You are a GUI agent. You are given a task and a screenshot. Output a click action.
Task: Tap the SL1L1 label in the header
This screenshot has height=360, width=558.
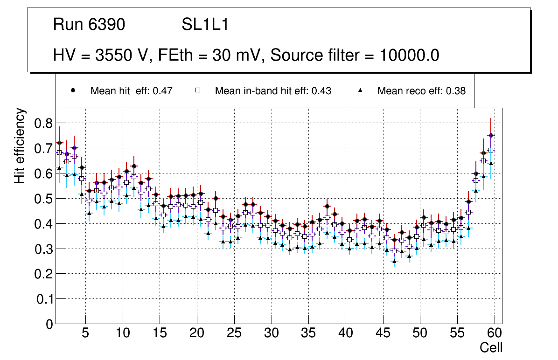(x=205, y=25)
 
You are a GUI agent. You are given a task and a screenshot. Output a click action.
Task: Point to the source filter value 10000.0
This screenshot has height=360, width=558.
(x=408, y=55)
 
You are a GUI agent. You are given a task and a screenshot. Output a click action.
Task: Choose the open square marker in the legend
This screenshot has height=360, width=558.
(x=197, y=91)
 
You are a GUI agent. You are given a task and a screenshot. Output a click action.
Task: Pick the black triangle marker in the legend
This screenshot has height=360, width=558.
(x=360, y=91)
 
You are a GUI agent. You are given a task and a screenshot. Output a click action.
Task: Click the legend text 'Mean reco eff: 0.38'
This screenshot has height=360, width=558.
(x=421, y=91)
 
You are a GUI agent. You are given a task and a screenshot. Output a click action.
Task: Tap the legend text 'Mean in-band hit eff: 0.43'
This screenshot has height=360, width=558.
(x=273, y=91)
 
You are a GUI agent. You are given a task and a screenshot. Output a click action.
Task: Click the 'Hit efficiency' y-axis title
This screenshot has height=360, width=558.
(x=20, y=146)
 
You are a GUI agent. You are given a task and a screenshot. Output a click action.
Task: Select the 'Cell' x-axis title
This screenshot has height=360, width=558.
(x=491, y=347)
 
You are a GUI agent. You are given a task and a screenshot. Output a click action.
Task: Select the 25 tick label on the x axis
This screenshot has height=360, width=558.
(x=234, y=333)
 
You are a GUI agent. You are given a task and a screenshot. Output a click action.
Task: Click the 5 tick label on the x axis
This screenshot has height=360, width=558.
(x=85, y=333)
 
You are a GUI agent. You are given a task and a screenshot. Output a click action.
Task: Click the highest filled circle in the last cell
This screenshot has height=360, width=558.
(x=491, y=135)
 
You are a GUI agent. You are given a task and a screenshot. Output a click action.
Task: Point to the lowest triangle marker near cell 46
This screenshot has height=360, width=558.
(x=394, y=261)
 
